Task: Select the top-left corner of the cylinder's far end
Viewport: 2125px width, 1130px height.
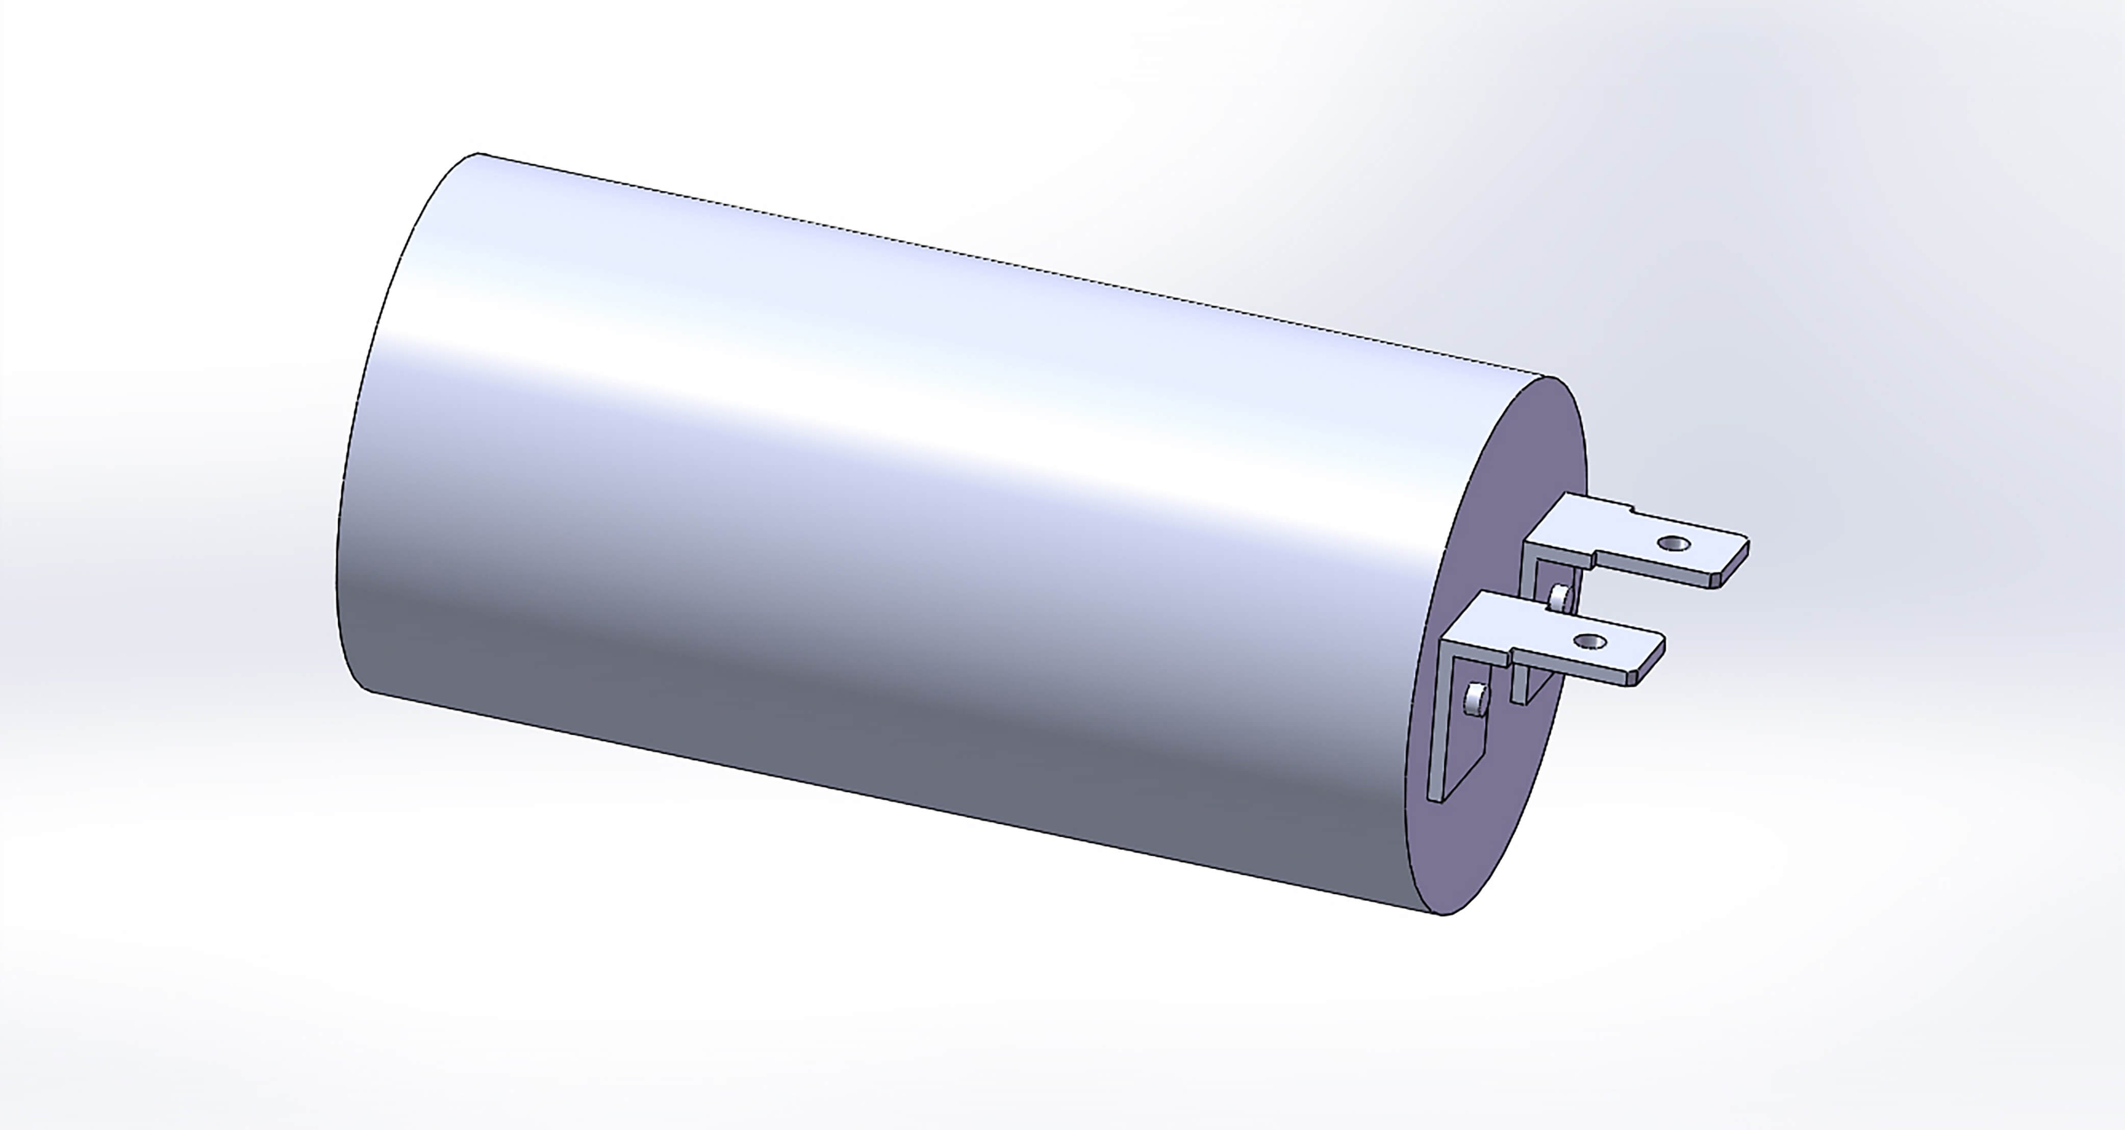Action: tap(477, 153)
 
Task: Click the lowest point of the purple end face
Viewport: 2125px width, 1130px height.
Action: tap(1442, 914)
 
